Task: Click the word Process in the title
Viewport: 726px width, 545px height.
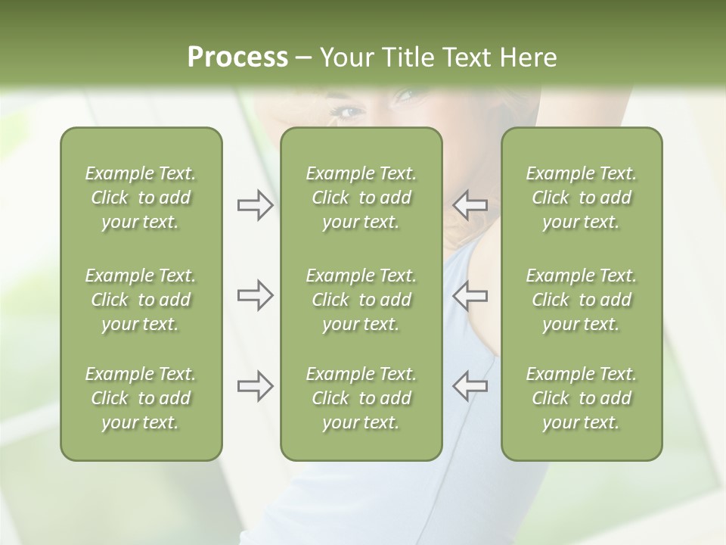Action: (237, 58)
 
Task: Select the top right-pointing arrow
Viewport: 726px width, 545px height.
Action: (255, 205)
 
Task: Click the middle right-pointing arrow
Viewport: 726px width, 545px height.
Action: (255, 295)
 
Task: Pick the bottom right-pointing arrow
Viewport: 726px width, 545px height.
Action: (255, 386)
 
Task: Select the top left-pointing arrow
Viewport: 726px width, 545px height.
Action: (470, 205)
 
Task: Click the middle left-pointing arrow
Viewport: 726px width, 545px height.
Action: (470, 295)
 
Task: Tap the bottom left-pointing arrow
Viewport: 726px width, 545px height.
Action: (470, 386)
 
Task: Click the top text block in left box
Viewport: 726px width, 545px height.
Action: (141, 198)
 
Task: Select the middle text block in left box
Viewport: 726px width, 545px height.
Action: (141, 300)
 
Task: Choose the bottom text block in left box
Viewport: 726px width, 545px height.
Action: (141, 398)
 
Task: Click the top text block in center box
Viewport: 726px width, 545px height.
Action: (361, 198)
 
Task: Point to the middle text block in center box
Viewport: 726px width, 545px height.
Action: (361, 300)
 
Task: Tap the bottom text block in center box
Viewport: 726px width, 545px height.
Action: (361, 398)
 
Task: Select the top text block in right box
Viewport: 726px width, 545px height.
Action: (581, 198)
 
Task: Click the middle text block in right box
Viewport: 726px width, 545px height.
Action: (581, 300)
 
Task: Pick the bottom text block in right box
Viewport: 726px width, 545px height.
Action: (581, 398)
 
